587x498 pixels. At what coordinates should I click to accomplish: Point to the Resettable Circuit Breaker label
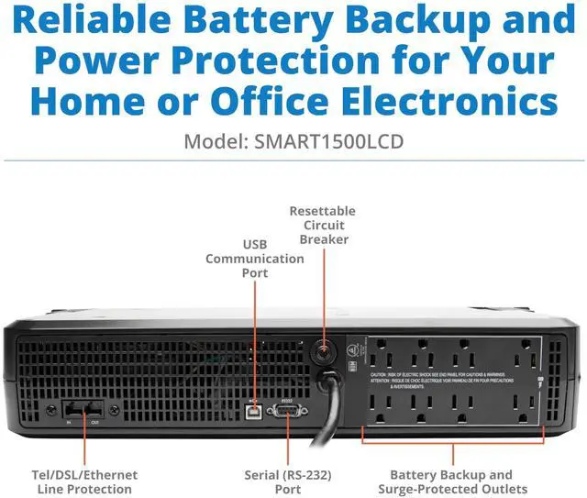coord(322,225)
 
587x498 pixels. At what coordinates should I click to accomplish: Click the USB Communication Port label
coord(254,259)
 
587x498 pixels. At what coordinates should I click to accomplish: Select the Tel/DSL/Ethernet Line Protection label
coord(85,481)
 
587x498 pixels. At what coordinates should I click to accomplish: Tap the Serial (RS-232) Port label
coord(287,481)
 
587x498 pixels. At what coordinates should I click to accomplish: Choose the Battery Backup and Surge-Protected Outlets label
coord(450,481)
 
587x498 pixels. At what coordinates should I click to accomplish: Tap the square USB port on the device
coord(254,410)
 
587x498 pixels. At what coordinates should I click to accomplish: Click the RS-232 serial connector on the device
coord(287,410)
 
